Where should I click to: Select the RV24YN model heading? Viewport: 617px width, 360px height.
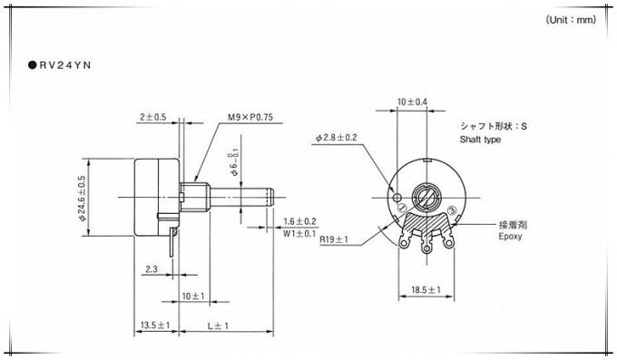point(64,65)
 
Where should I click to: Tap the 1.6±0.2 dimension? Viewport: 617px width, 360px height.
point(299,221)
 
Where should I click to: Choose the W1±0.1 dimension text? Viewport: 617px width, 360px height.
point(299,233)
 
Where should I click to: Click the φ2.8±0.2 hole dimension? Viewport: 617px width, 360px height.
point(337,138)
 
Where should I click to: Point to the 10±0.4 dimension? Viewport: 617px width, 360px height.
point(413,101)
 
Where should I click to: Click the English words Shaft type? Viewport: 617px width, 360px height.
point(481,141)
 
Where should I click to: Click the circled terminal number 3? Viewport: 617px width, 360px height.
point(451,211)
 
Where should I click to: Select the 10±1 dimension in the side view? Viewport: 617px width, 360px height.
point(192,297)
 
